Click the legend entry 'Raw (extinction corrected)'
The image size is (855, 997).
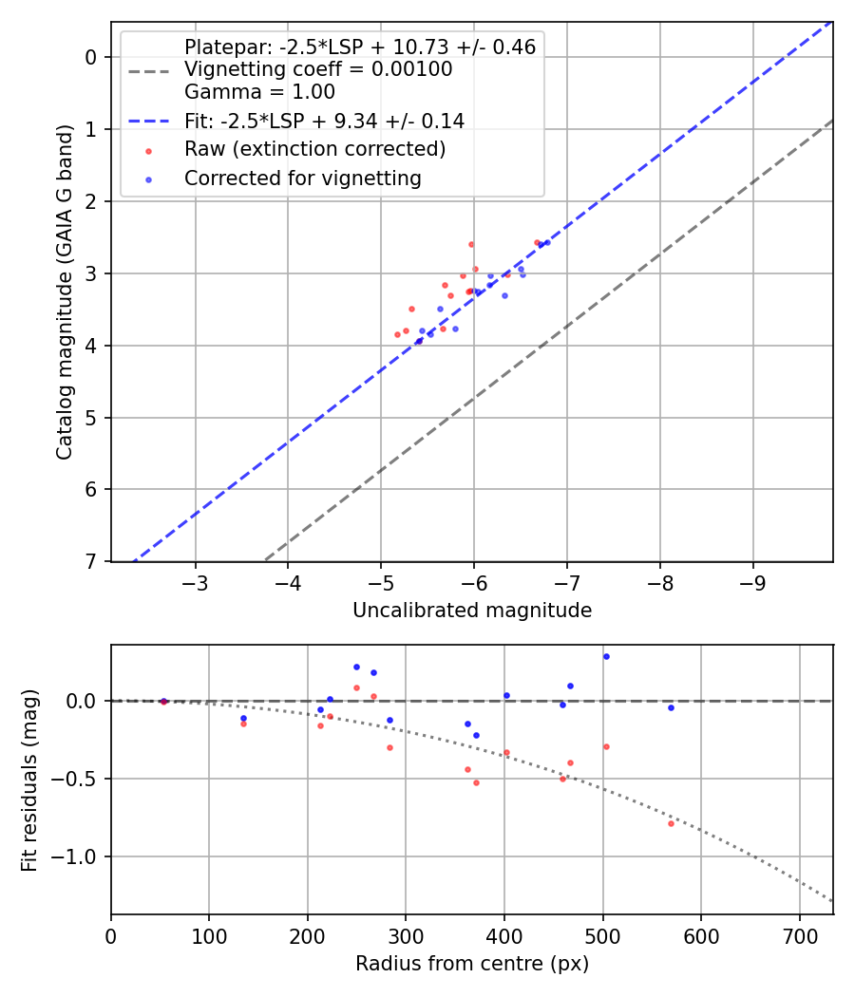(x=314, y=149)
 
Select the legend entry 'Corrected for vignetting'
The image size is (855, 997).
(x=303, y=178)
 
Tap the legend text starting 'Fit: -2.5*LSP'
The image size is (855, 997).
(x=324, y=121)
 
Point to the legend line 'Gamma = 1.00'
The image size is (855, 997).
(x=259, y=92)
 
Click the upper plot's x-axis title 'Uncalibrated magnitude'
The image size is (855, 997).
(x=472, y=611)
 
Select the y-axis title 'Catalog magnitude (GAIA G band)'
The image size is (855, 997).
(x=65, y=291)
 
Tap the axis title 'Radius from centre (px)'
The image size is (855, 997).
(x=472, y=965)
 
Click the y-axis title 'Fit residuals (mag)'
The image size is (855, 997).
(x=29, y=780)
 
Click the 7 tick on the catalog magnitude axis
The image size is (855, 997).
(x=91, y=562)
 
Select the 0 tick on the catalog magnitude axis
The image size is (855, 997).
(x=91, y=57)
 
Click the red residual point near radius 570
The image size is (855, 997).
(x=671, y=823)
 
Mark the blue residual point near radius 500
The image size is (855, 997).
(x=606, y=656)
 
